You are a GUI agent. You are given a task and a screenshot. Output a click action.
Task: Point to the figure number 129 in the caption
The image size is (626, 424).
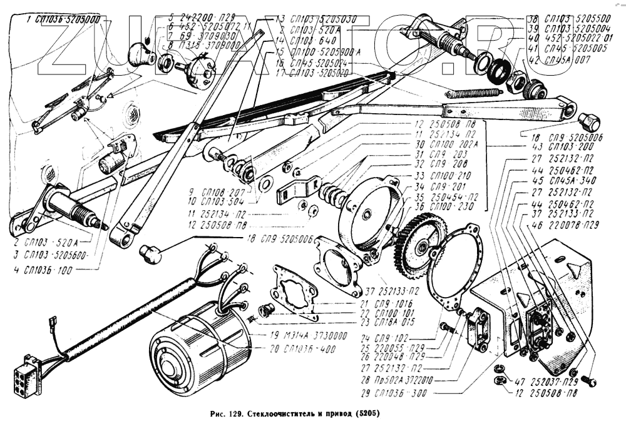coord(235,414)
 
